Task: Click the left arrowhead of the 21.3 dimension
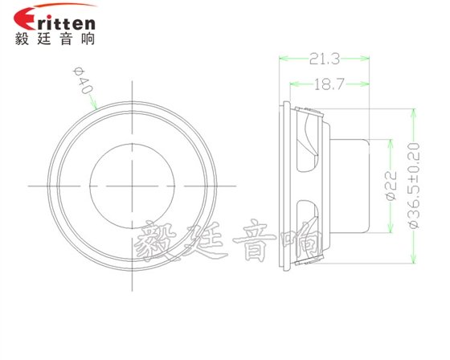pos(282,58)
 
